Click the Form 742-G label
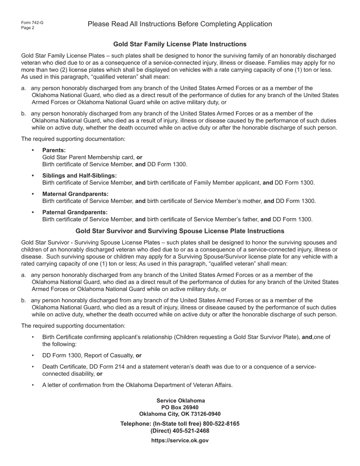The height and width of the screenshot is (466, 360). [32, 23]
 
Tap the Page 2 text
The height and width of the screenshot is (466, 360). [28, 28]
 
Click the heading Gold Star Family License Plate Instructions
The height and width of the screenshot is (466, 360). [180, 44]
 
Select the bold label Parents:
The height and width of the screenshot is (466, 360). [54, 150]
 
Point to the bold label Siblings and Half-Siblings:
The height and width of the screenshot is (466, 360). [80, 176]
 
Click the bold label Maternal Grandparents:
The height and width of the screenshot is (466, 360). [75, 194]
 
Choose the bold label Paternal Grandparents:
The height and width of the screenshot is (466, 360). [75, 212]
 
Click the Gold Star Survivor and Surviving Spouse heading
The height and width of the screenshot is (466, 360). [180, 231]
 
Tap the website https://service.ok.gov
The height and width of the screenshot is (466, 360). [180, 441]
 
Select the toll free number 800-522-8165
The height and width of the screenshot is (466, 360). [221, 424]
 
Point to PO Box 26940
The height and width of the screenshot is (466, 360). [180, 407]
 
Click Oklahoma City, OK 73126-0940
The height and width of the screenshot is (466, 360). [180, 414]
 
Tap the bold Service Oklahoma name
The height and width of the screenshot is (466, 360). [181, 400]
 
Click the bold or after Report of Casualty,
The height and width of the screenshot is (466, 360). [139, 355]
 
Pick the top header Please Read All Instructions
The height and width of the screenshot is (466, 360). [180, 24]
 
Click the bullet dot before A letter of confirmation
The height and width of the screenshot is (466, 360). [33, 385]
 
